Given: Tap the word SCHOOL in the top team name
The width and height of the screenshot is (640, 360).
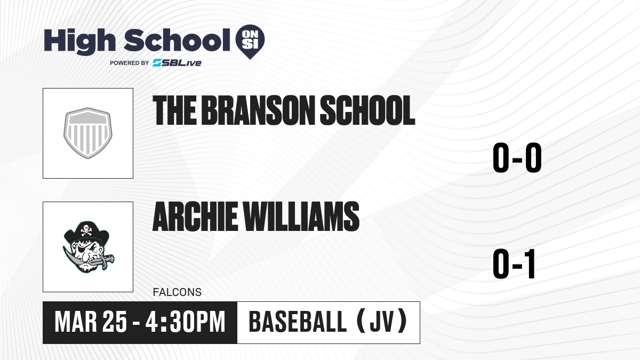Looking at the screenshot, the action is [367, 110].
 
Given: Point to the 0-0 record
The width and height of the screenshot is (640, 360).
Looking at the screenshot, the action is [517, 158].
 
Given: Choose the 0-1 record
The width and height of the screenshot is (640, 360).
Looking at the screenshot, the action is [514, 263].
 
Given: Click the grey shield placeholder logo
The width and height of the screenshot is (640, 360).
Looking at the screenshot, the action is [87, 133].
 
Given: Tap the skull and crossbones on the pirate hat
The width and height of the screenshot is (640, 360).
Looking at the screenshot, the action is [86, 230].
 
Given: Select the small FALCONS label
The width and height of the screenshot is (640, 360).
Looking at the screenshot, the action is [177, 292].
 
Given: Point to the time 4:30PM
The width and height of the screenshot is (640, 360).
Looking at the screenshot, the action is [186, 322].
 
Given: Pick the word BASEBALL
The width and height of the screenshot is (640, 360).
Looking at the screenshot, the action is [298, 322].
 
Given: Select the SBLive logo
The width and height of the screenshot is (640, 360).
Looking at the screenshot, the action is [177, 63].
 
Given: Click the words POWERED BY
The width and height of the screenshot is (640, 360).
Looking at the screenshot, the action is [130, 63].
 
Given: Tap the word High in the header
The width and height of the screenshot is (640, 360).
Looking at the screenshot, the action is [80, 42].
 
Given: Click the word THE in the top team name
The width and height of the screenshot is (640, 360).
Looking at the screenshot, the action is [174, 110].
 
